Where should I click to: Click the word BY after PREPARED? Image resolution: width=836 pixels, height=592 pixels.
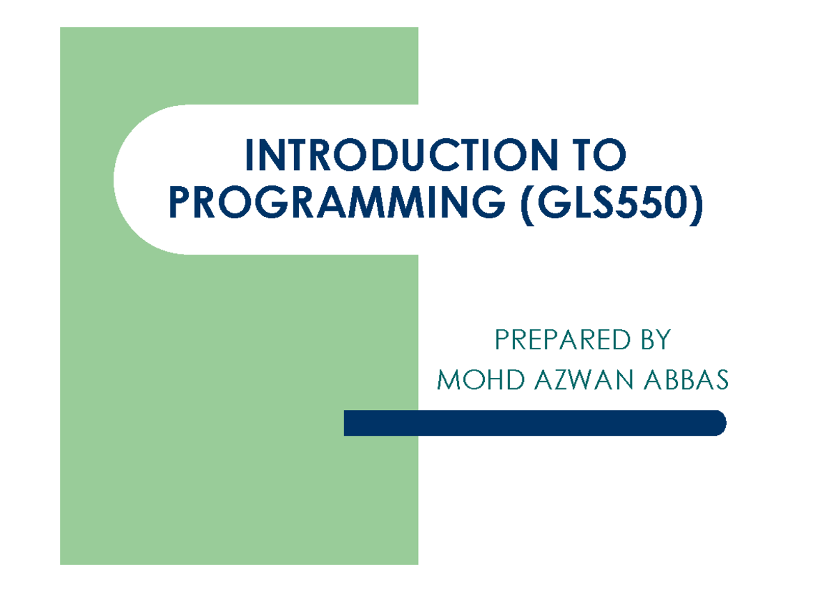(653, 340)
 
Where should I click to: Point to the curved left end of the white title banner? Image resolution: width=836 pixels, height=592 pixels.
(122, 179)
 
